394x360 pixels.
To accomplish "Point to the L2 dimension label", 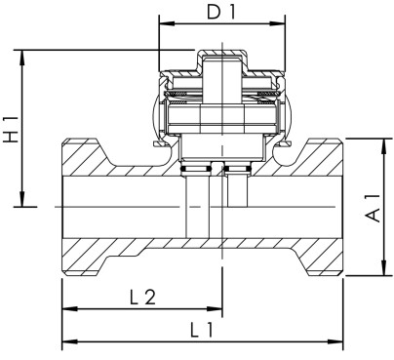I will point(142,297).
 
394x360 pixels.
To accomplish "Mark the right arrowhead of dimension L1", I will point(340,342).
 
